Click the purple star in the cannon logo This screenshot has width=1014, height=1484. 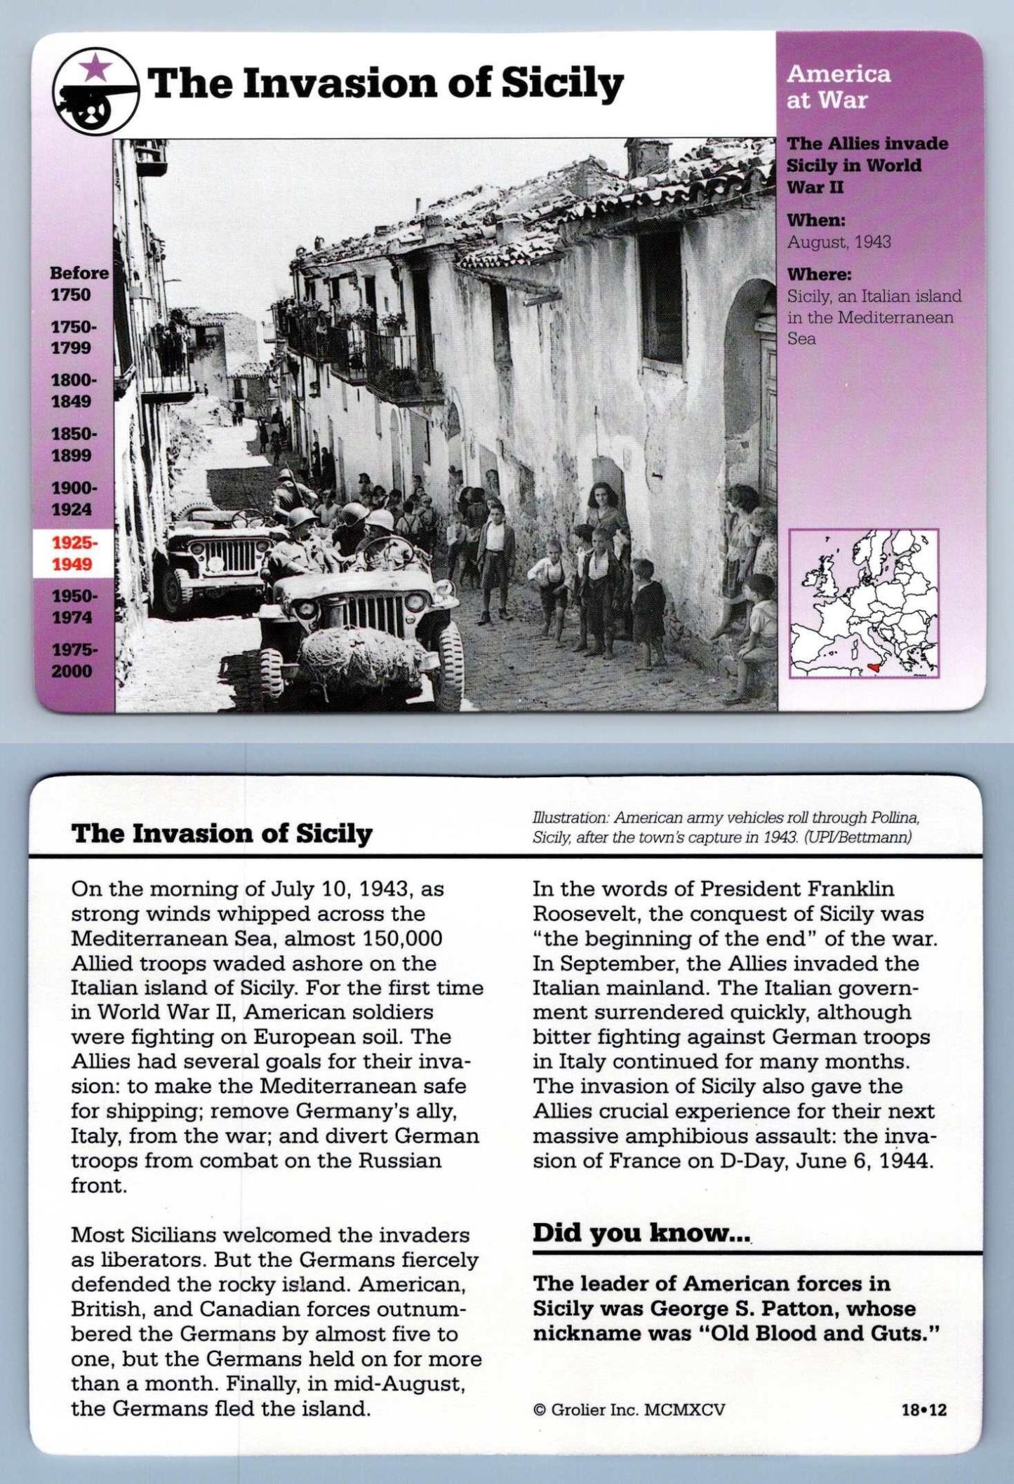[95, 68]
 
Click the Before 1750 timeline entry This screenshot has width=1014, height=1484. [79, 283]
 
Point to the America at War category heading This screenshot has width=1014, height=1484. [838, 86]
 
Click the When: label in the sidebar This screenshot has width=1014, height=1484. [815, 220]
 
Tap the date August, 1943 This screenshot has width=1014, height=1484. [839, 242]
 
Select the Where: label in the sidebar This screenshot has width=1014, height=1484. [818, 274]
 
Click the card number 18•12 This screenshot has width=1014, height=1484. [923, 1410]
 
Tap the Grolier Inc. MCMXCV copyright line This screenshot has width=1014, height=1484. [629, 1410]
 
